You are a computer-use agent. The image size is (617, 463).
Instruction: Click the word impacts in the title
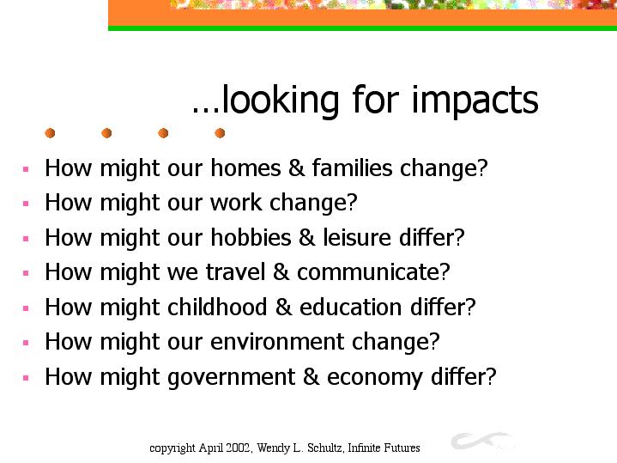coord(475,101)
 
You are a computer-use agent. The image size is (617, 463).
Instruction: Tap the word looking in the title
coord(280,101)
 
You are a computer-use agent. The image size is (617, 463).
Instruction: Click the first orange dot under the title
coord(50,133)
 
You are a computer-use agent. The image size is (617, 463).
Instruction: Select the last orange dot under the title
coord(220,133)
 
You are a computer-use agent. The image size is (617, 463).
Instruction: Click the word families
coord(352,168)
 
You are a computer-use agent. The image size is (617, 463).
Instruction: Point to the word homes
coord(245,168)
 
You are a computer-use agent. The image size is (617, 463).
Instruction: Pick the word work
coord(236,202)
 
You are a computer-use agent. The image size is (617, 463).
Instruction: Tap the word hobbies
coord(251,237)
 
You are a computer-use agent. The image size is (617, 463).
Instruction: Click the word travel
coord(235,272)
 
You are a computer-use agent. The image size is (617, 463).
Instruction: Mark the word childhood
coord(217,307)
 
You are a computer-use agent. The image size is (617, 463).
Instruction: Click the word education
coord(351,307)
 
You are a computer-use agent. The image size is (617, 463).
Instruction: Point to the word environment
coord(277,341)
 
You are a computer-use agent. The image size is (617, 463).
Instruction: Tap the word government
coord(232,377)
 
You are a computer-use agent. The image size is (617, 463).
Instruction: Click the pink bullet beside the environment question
coord(26,343)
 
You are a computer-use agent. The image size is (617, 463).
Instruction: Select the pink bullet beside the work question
coord(26,204)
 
